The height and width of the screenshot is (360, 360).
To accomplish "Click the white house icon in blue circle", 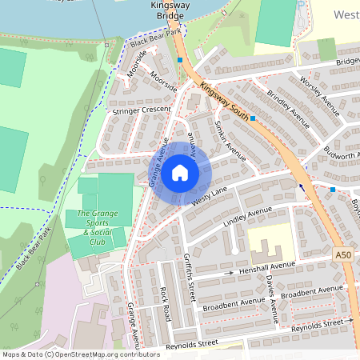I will [x=180, y=173].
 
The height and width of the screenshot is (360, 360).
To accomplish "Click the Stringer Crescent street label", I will [x=142, y=110].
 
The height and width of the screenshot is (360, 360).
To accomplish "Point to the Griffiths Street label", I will [x=190, y=276].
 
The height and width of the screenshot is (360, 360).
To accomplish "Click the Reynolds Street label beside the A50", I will [x=321, y=322].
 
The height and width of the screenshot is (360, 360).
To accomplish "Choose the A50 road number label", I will [x=343, y=254].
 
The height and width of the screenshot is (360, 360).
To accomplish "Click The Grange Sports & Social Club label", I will [x=97, y=227].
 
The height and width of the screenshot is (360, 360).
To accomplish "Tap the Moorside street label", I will [x=163, y=82].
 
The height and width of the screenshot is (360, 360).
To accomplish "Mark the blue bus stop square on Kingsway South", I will [x=253, y=118].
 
